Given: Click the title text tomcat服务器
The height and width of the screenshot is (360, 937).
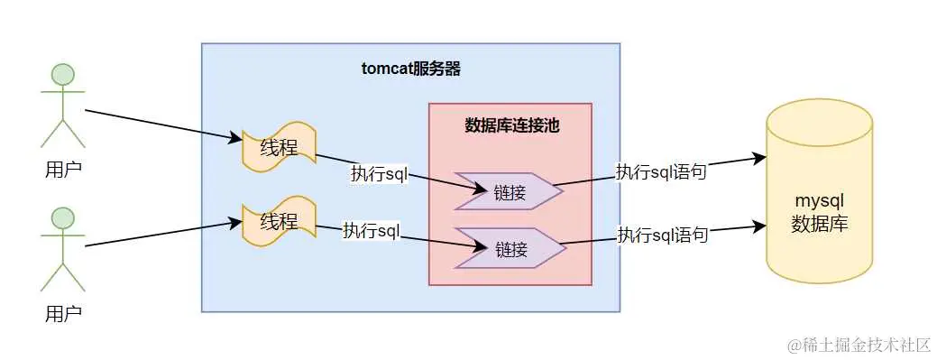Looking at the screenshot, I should [x=410, y=70].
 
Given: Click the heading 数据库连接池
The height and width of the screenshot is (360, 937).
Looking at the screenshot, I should [x=511, y=125].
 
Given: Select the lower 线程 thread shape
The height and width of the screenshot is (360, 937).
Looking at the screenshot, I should [x=279, y=221].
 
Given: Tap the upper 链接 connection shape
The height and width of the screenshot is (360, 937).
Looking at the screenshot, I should [x=505, y=191].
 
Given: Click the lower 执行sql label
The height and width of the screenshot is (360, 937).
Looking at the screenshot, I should [x=371, y=230].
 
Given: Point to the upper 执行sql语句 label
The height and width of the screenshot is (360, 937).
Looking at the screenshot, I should [x=661, y=172].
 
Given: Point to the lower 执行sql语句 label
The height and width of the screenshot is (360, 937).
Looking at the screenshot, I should [x=662, y=235].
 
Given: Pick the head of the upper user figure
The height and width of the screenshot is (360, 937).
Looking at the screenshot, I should [x=62, y=74].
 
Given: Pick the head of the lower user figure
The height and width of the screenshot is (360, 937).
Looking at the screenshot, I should [x=62, y=217].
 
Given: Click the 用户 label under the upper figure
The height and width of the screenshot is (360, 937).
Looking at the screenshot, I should [x=62, y=169].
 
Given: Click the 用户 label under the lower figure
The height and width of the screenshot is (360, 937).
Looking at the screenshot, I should [x=62, y=314].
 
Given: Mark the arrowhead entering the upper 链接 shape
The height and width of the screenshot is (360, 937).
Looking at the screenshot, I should [x=480, y=188].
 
